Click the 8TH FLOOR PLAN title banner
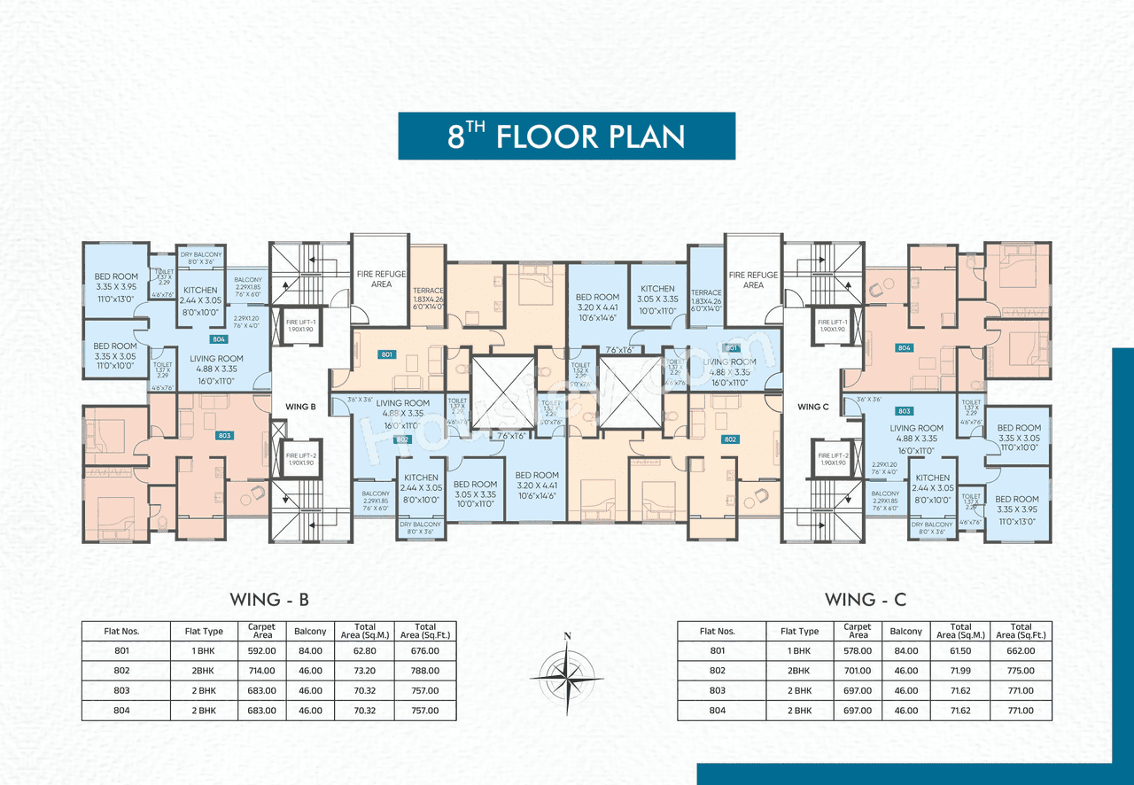click(x=566, y=136)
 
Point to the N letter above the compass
click(x=567, y=635)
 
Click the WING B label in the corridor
click(x=300, y=407)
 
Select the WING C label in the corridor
click(x=813, y=407)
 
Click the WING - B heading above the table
click(x=269, y=600)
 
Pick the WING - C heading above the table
click(x=865, y=600)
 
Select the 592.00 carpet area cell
click(x=261, y=651)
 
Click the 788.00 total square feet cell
click(x=425, y=671)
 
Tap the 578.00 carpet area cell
click(x=858, y=651)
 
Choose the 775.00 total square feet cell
click(x=1021, y=671)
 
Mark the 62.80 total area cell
click(x=364, y=651)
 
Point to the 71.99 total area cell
click(x=960, y=671)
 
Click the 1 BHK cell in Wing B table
click(x=204, y=651)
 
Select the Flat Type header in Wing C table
click(x=799, y=632)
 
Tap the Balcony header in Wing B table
click(x=310, y=632)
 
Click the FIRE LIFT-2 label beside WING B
click(x=300, y=458)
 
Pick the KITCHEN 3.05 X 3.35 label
click(x=657, y=293)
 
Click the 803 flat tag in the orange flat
click(x=225, y=436)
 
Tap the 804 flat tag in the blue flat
click(x=218, y=339)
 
